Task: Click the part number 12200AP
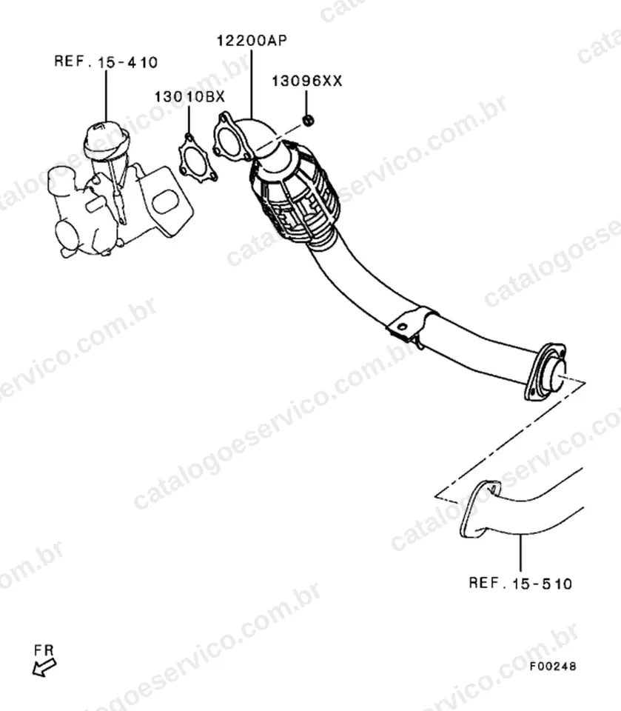click(252, 40)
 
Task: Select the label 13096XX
click(307, 81)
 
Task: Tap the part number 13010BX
click(189, 96)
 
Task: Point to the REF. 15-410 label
click(106, 61)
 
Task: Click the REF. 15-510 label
click(520, 583)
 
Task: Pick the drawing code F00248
click(553, 666)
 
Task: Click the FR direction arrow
click(44, 668)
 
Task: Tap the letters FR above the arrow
click(44, 650)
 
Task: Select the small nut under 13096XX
click(308, 121)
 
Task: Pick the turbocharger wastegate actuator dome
click(106, 141)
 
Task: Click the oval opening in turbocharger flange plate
click(165, 201)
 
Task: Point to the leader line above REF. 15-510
click(520, 553)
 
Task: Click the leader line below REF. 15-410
click(106, 96)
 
